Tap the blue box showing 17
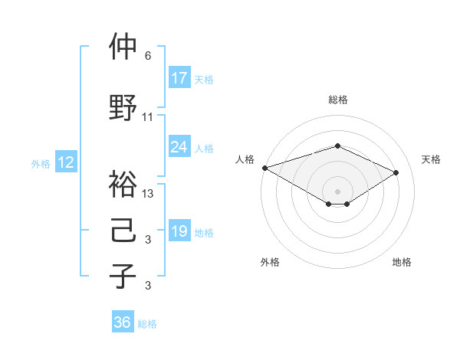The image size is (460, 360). point(179,78)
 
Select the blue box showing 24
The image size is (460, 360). point(179,147)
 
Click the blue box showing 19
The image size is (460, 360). point(179,231)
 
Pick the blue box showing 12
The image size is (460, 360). point(65,162)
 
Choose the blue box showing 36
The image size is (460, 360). point(123,322)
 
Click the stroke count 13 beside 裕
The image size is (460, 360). point(148,193)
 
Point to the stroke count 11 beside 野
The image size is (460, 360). point(148,117)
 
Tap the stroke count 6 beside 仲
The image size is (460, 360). point(148,56)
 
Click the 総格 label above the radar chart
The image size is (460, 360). point(337,100)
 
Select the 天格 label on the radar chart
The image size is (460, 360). point(431,159)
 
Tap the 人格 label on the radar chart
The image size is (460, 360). point(245,159)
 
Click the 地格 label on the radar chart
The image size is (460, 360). point(402,262)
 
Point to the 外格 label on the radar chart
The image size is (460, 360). point(270,262)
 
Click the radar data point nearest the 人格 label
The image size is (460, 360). point(264,168)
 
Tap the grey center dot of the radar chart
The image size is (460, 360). point(337,191)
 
